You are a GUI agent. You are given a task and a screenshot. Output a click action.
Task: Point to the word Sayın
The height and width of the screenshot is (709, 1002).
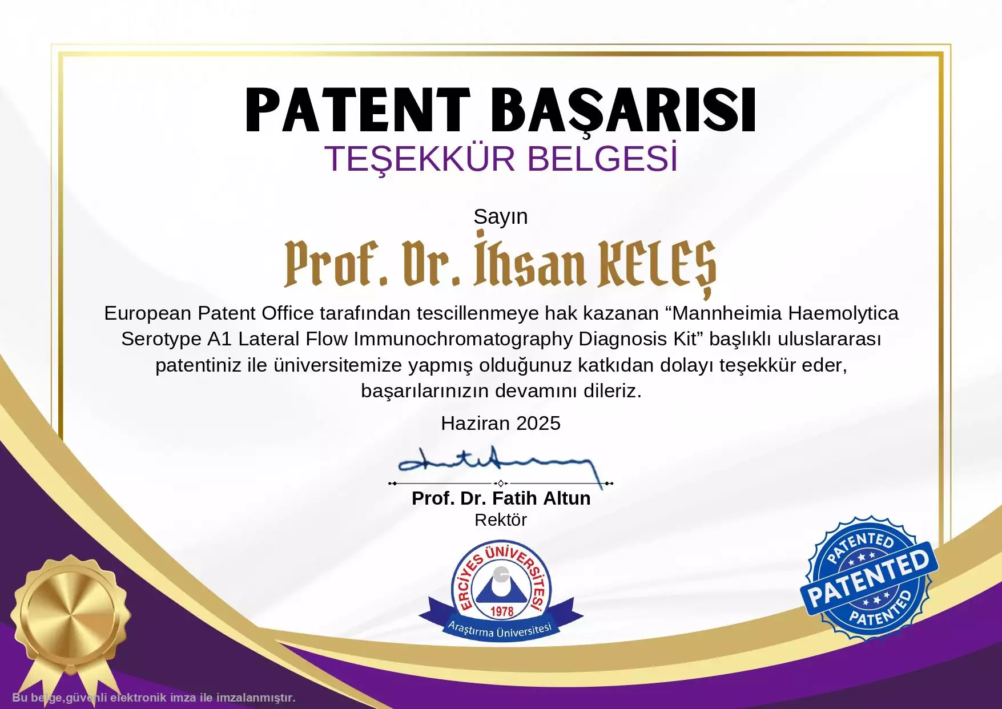tap(501, 217)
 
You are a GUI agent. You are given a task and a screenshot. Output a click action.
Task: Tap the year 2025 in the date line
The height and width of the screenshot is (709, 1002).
tap(538, 423)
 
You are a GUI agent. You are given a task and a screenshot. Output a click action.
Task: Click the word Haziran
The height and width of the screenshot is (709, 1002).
tap(476, 423)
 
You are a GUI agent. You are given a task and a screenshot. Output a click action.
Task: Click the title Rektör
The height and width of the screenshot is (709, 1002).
tap(501, 520)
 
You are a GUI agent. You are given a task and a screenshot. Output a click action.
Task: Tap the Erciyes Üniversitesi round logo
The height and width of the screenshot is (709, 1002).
tap(501, 591)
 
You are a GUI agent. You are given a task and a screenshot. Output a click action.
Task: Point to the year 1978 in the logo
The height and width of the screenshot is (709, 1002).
tap(502, 611)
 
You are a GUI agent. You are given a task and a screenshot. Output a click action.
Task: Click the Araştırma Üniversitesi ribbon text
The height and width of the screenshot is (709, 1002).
tap(500, 630)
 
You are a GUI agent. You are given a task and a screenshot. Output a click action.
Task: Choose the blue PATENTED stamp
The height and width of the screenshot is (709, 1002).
tap(868, 578)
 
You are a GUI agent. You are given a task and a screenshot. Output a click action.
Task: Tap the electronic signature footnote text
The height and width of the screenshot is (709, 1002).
tap(154, 698)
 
